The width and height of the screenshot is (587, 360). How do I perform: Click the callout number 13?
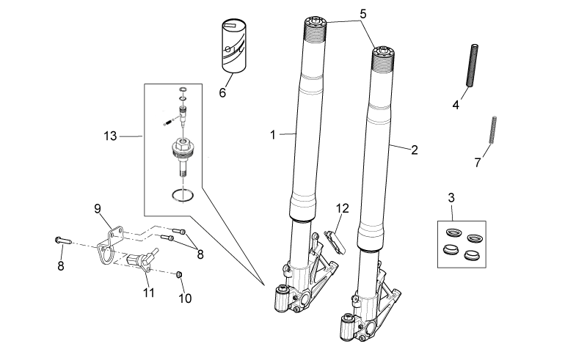[111, 136]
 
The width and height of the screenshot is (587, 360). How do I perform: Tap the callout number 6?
[222, 92]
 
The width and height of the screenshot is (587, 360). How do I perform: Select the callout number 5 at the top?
[362, 14]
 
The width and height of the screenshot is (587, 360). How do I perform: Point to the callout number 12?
[342, 208]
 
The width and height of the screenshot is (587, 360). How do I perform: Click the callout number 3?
[451, 197]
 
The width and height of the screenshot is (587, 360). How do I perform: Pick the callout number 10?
[185, 298]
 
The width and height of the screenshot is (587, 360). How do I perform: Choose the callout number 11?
[149, 293]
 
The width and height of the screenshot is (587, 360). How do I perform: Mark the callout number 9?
[98, 208]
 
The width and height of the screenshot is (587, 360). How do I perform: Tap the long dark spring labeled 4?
[473, 65]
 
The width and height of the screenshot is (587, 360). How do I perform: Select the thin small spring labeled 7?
[493, 130]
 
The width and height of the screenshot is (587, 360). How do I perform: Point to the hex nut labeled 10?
[179, 275]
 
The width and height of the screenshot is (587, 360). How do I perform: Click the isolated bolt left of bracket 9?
[63, 240]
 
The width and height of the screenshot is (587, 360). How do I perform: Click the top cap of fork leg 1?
[316, 21]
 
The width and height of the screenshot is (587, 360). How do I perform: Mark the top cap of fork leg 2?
[383, 51]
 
